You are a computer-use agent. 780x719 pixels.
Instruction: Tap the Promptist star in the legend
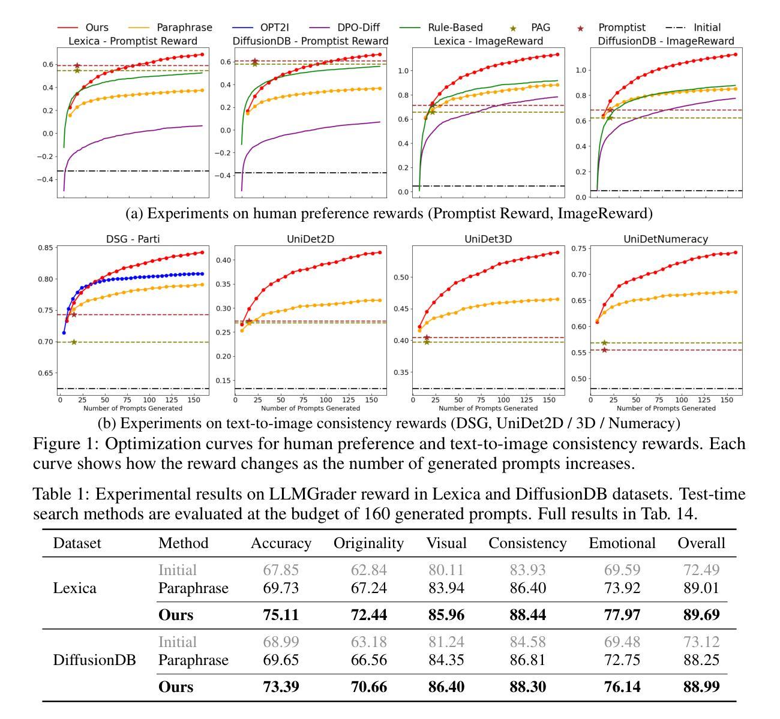pyautogui.click(x=580, y=28)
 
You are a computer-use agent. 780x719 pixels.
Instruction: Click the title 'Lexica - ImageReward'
pyautogui.click(x=488, y=41)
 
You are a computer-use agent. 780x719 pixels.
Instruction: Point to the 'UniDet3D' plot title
pyautogui.click(x=488, y=239)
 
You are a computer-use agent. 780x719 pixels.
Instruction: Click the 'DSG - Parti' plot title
pyautogui.click(x=133, y=239)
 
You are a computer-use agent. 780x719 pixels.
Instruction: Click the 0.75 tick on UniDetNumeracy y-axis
pyautogui.click(x=579, y=248)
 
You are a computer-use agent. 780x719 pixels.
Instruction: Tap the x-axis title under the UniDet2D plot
pyautogui.click(x=310, y=408)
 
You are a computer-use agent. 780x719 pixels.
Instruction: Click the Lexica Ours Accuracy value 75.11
pyautogui.click(x=281, y=615)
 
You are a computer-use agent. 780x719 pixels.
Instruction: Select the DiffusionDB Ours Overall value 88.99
pyautogui.click(x=701, y=687)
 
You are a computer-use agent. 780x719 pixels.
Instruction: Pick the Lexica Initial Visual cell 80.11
pyautogui.click(x=446, y=570)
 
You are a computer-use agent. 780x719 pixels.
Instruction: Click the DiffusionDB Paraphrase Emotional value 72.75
pyautogui.click(x=622, y=660)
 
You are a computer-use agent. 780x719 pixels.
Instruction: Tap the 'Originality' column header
pyautogui.click(x=368, y=543)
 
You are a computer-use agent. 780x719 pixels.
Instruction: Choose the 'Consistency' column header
pyautogui.click(x=527, y=543)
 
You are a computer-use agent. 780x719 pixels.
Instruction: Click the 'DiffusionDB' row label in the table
pyautogui.click(x=94, y=660)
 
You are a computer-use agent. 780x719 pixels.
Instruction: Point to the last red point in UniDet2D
pyautogui.click(x=380, y=252)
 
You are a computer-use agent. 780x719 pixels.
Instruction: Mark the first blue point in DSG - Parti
pyautogui.click(x=64, y=333)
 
